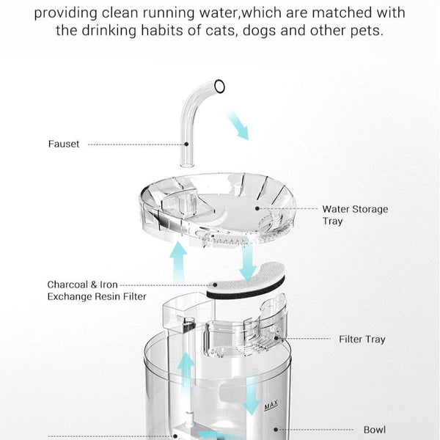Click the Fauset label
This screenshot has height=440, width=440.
tap(64, 144)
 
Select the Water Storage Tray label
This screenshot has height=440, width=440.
tap(355, 215)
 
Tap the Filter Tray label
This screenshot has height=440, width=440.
tap(362, 340)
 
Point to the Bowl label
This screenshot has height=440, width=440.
tap(375, 430)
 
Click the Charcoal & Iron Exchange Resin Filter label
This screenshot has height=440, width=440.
tap(97, 290)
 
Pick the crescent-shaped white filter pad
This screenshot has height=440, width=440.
tap(245, 284)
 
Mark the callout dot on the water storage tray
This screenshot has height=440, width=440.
tap(257, 208)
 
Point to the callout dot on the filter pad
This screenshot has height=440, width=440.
tap(216, 285)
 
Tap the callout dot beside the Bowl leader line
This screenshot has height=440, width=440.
tap(276, 430)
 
